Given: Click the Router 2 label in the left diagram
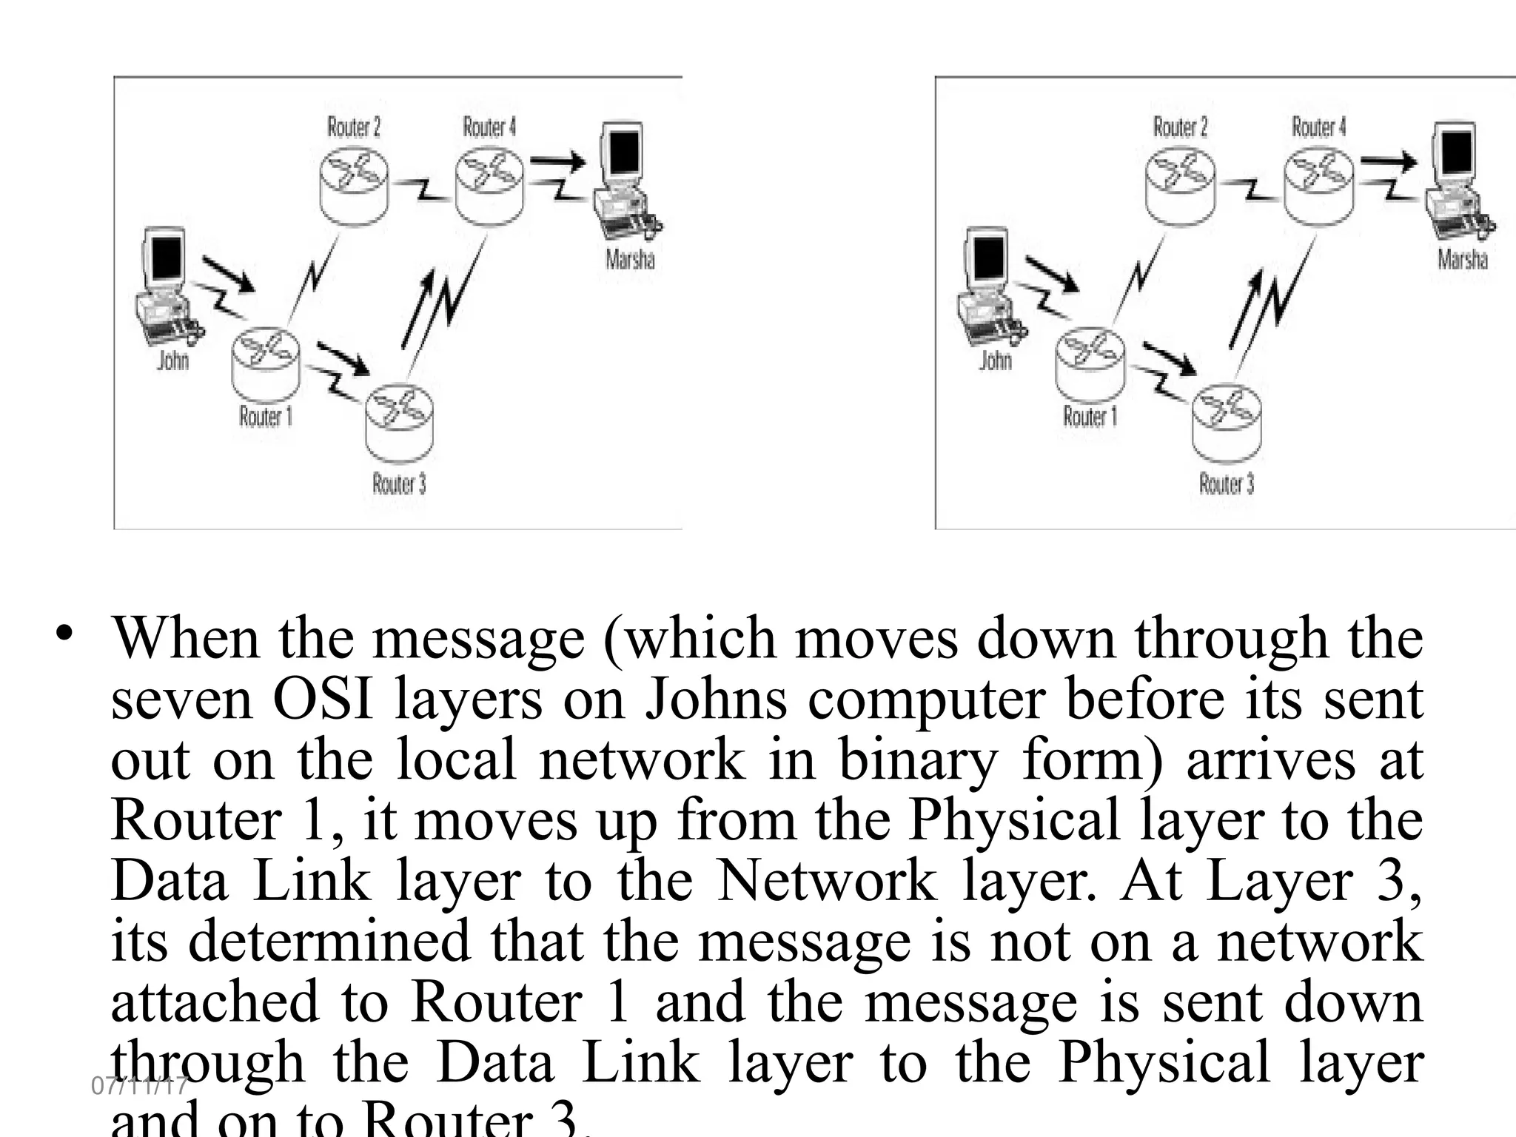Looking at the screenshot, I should coord(354,127).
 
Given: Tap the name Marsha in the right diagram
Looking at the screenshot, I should coord(1462,259).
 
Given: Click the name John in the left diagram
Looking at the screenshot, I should coord(173,360).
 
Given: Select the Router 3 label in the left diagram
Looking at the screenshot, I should coord(399,484).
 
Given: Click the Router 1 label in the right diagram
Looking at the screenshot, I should coord(1090,417).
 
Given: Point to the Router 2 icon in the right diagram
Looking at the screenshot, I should coord(1179,185).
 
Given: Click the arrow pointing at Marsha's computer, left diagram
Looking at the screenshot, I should coord(557,162).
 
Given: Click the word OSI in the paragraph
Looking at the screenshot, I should coord(323,700).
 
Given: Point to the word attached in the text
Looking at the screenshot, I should coord(214,1002).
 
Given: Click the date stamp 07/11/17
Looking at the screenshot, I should coord(139,1086).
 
